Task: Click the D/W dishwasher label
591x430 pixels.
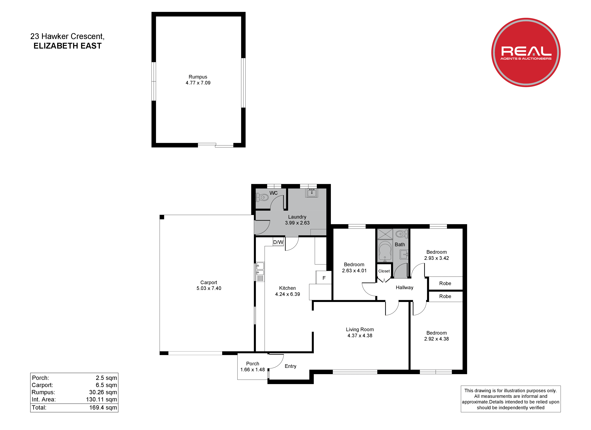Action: (x=278, y=242)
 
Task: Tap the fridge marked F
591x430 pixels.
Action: (x=324, y=278)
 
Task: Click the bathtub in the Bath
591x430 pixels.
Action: (x=385, y=251)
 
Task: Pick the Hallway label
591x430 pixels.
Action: (x=404, y=288)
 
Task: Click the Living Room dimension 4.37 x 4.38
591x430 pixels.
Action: (x=360, y=336)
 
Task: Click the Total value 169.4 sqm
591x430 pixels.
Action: (x=103, y=408)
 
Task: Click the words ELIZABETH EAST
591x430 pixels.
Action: (x=67, y=46)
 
